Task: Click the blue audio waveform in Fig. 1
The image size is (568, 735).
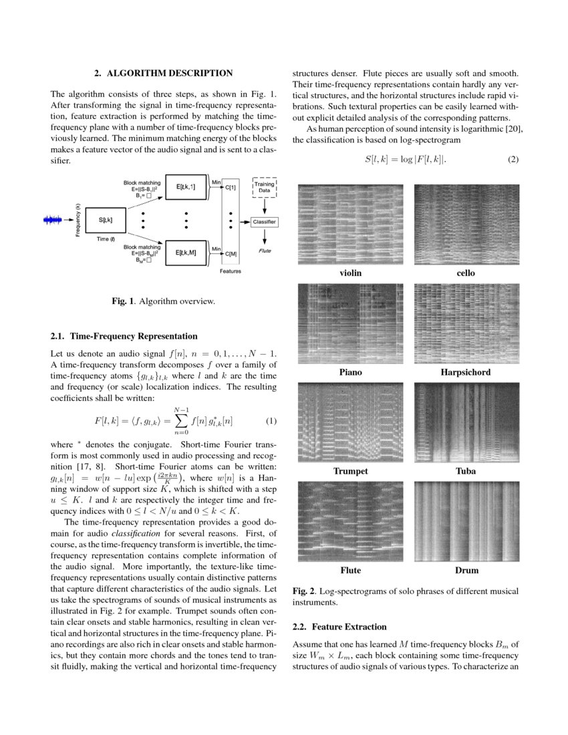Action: click(56, 220)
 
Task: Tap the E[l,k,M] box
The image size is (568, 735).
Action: click(186, 253)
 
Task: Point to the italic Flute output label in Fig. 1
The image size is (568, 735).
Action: click(265, 251)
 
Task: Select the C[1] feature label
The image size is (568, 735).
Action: click(231, 187)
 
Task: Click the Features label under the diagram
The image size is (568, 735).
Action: click(231, 271)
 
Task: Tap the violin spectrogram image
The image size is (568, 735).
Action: click(350, 224)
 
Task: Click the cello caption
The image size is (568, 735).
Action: click(466, 273)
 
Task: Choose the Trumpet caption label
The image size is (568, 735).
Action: click(350, 471)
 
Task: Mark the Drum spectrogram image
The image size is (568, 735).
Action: click(466, 521)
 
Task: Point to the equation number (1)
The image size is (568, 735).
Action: click(271, 421)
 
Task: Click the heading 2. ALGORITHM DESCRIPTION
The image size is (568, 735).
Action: click(163, 73)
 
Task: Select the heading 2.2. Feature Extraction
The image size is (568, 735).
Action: click(339, 627)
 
